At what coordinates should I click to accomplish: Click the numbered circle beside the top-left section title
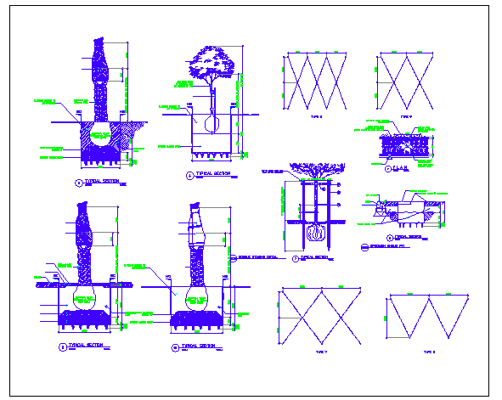78,183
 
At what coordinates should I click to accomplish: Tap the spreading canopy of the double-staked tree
315,171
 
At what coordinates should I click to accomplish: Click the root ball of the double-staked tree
314,232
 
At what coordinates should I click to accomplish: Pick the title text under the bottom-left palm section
88,346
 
